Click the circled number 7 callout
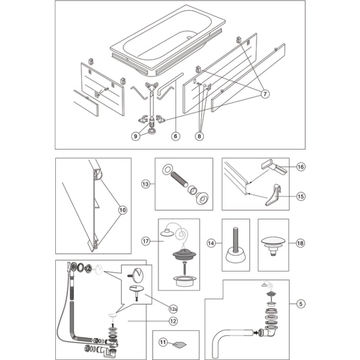(265, 94)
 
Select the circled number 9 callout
(136, 136)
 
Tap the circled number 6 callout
(176, 136)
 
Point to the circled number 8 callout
(199, 136)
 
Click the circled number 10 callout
(122, 210)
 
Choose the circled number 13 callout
(145, 184)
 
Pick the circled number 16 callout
(301, 167)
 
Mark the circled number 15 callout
(301, 196)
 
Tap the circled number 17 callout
(145, 241)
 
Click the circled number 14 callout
(211, 243)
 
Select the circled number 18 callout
(300, 243)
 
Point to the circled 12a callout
(173, 309)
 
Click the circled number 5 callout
(301, 304)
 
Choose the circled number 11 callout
(163, 342)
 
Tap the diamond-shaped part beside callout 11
(180, 344)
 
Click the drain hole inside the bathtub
(189, 37)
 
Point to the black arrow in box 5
(256, 332)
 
